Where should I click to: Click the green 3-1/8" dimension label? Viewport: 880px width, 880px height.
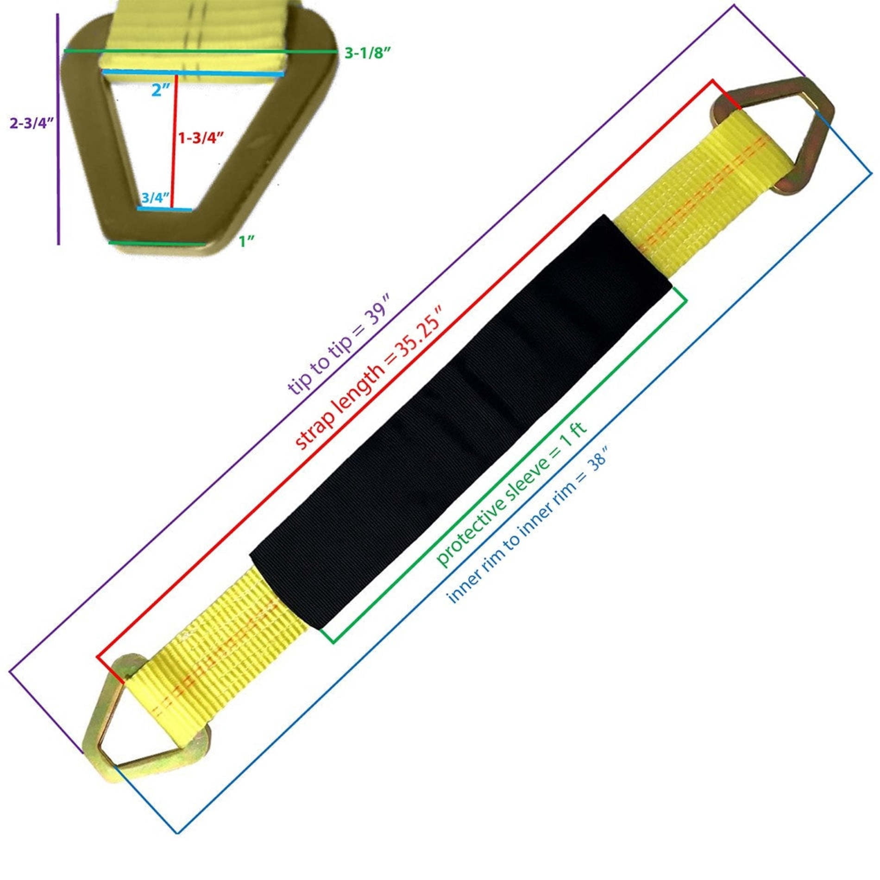pyautogui.click(x=368, y=53)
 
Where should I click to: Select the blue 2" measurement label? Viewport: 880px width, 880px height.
pyautogui.click(x=161, y=89)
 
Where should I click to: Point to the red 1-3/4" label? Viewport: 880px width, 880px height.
pyautogui.click(x=201, y=138)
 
